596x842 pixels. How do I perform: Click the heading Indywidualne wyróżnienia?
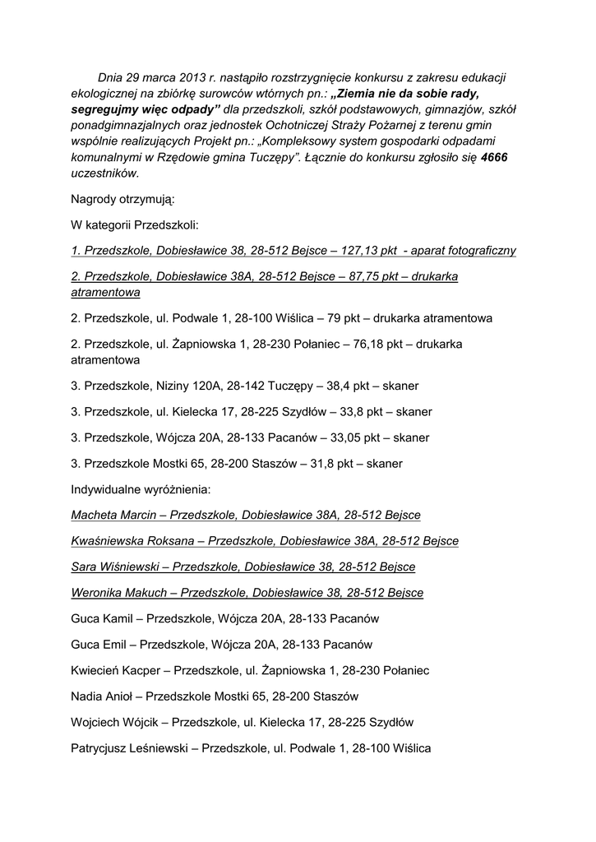tap(141, 489)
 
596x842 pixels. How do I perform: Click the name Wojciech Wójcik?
tap(117, 724)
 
